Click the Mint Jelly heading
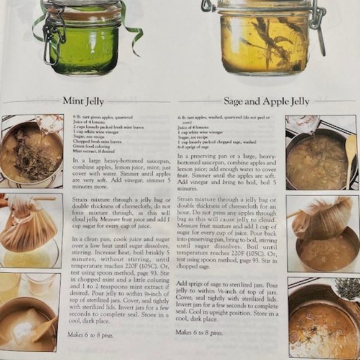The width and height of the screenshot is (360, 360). pos(83,101)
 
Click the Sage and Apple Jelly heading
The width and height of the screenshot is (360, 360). pos(266,101)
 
